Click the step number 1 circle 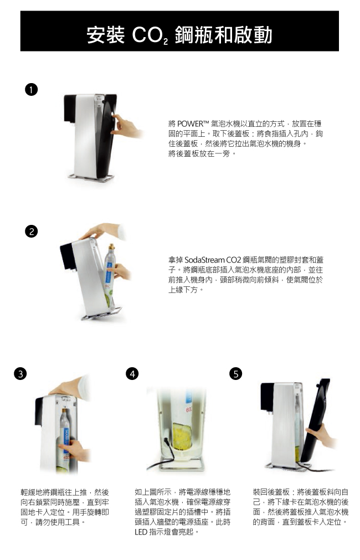point(32,90)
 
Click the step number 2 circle point(32,232)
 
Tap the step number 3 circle point(20,373)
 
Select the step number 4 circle point(132,373)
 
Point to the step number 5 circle point(235,373)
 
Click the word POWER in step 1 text point(190,124)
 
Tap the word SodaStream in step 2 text point(204,260)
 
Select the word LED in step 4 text point(141,532)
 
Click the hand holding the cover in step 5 point(321,436)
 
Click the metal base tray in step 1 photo point(91,177)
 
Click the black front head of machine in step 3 point(39,410)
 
